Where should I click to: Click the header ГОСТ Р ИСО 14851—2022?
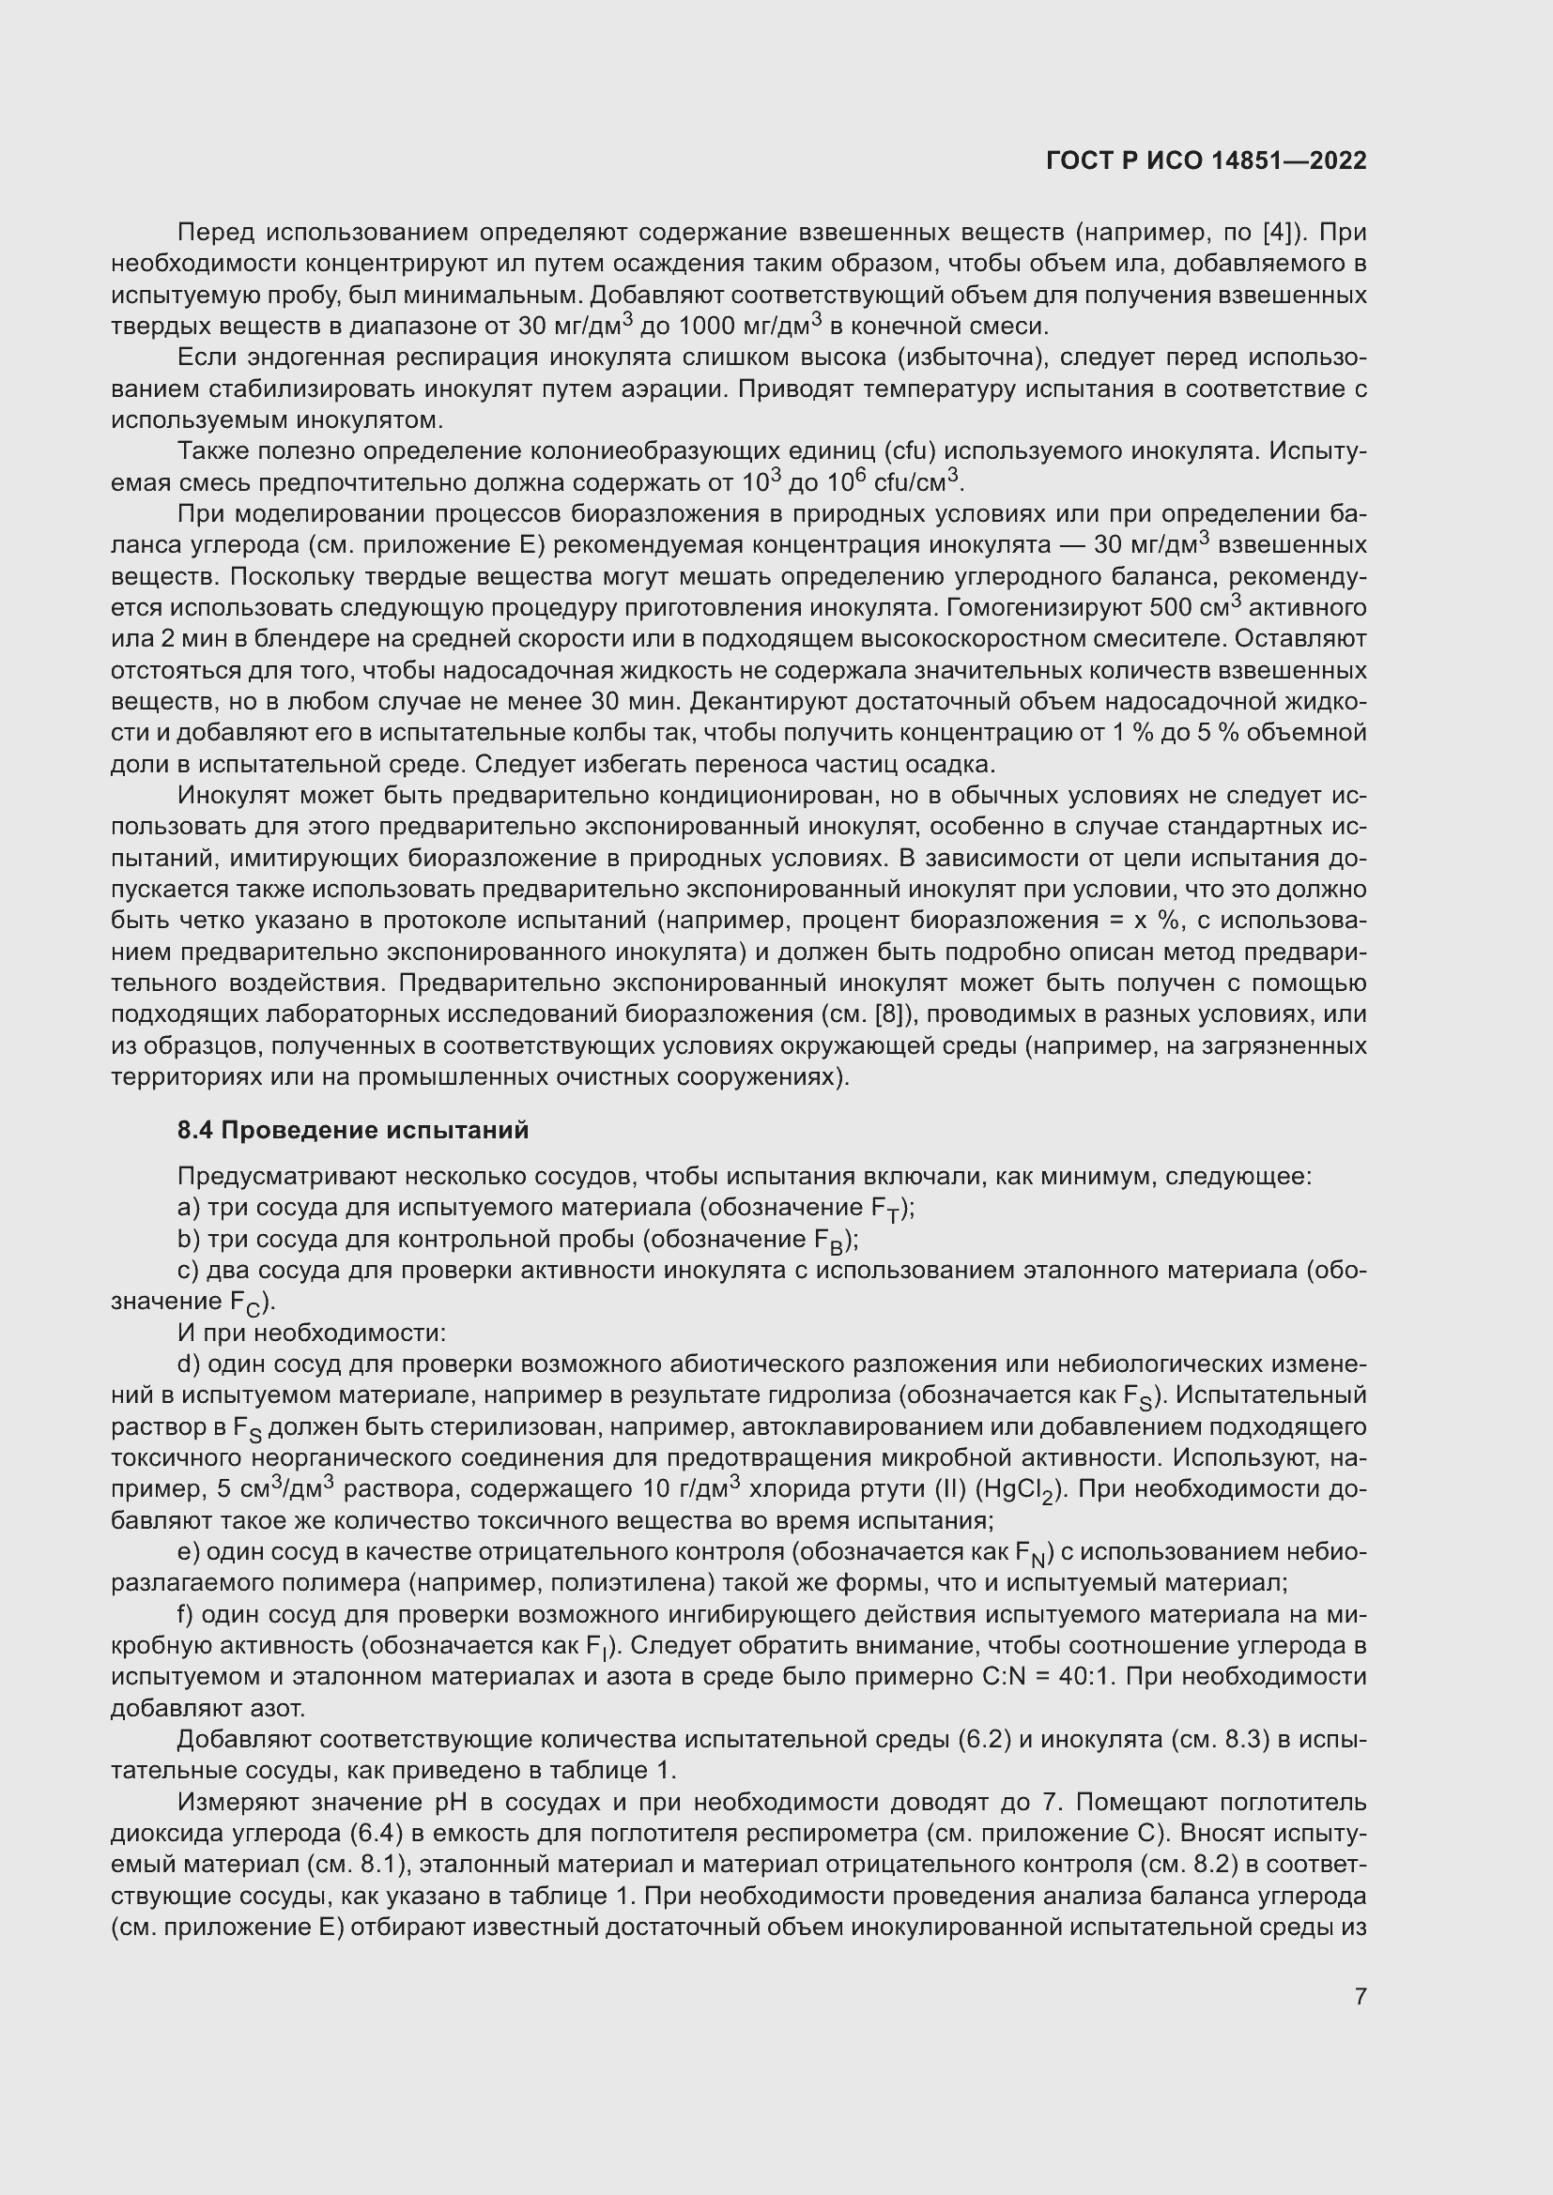point(1206,160)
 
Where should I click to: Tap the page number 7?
point(1360,1996)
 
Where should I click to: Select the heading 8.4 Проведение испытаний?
point(353,1130)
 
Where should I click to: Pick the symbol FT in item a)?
point(885,1210)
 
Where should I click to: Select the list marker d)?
point(189,1364)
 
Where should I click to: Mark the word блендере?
point(312,640)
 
